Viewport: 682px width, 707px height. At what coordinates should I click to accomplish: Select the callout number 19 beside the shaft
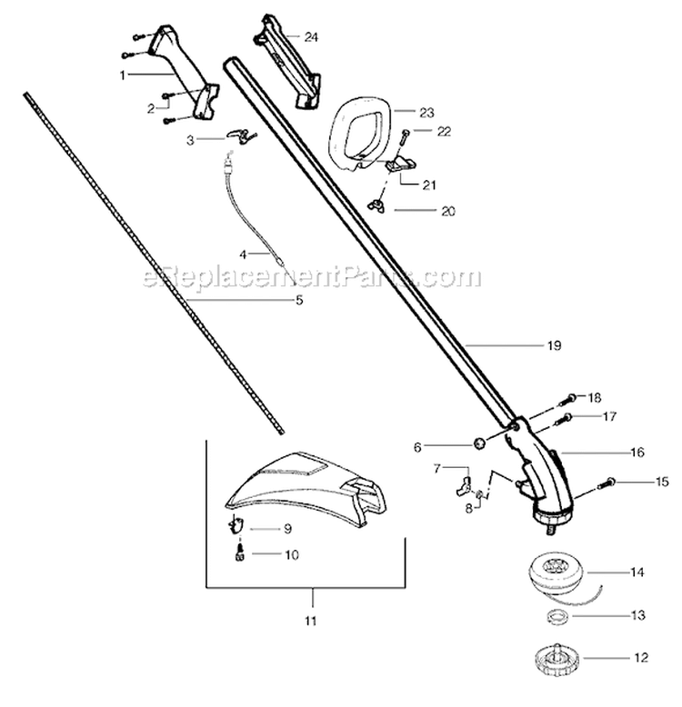tap(555, 345)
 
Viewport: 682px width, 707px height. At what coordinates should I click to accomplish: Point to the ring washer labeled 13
tap(551, 617)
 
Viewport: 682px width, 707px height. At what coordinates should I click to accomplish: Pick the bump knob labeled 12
tap(554, 654)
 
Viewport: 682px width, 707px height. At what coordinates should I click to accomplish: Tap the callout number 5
tap(299, 300)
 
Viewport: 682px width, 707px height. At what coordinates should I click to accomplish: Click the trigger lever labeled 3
tap(239, 134)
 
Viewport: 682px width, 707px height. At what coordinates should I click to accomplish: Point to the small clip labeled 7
tap(461, 479)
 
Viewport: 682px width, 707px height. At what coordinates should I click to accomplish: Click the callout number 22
tap(444, 131)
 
